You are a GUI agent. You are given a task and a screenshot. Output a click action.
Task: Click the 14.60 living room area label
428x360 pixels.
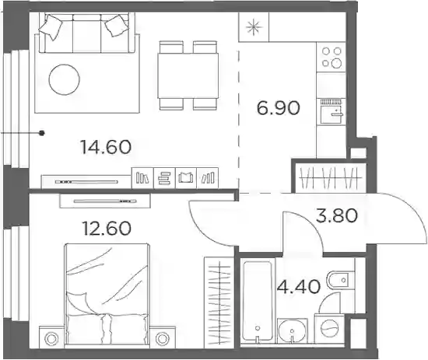(x=106, y=147)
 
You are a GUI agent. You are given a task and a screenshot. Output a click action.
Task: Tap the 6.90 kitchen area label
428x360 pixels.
(x=278, y=108)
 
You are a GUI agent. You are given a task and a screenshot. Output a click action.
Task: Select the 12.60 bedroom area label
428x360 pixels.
(x=107, y=228)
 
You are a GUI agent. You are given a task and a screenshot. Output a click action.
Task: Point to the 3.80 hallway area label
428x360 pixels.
(x=336, y=215)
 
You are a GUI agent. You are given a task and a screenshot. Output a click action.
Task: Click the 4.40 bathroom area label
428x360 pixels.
(x=299, y=287)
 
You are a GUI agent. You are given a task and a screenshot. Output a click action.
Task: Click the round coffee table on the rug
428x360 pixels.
(x=64, y=79)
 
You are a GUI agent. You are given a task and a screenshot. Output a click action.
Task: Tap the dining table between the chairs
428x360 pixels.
(x=188, y=75)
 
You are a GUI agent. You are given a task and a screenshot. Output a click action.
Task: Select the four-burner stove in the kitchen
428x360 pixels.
(x=332, y=57)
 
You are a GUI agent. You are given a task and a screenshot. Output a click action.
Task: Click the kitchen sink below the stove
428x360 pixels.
(x=332, y=112)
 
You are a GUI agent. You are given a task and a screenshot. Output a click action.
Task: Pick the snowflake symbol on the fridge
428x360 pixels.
(x=254, y=27)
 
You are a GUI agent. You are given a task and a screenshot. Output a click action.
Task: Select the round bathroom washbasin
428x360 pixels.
(x=293, y=330)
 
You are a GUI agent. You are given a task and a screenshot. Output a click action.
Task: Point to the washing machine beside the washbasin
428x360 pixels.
(x=329, y=328)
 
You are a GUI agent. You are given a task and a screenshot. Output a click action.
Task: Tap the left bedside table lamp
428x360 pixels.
(x=51, y=339)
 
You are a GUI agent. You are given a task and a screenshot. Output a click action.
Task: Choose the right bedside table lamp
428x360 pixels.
(x=163, y=339)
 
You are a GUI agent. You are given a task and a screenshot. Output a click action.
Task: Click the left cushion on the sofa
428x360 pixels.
(x=51, y=26)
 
